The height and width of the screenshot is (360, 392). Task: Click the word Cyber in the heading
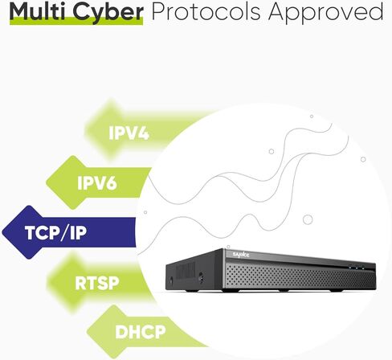pyautogui.click(x=108, y=13)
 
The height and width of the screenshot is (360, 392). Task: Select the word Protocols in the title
pyautogui.click(x=206, y=12)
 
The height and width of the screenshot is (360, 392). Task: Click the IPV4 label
pyautogui.click(x=129, y=133)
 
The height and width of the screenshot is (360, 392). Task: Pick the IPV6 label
pyautogui.click(x=97, y=183)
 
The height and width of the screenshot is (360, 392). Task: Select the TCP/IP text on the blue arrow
pyautogui.click(x=55, y=232)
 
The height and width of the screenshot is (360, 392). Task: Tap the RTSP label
pyautogui.click(x=97, y=283)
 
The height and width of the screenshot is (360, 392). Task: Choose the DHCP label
pyautogui.click(x=141, y=332)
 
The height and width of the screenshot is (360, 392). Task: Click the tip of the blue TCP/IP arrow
pyautogui.click(x=2, y=232)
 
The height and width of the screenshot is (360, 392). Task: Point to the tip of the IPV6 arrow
pyautogui.click(x=47, y=183)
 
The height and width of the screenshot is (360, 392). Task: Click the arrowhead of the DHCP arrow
pyautogui.click(x=87, y=332)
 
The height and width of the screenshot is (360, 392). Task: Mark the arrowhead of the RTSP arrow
pyautogui.click(x=47, y=283)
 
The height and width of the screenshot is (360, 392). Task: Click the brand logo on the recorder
pyautogui.click(x=241, y=255)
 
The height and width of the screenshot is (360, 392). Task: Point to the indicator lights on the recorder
pyautogui.click(x=357, y=268)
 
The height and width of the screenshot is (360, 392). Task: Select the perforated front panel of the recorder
pyautogui.click(x=300, y=276)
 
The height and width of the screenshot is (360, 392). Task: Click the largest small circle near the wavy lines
pyautogui.click(x=308, y=219)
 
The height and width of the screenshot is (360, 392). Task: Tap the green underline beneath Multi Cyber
pyautogui.click(x=76, y=22)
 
